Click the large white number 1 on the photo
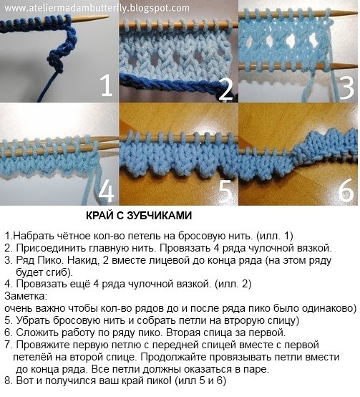(x=107, y=86)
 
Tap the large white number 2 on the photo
(x=225, y=89)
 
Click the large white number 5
(x=225, y=191)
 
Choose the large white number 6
(x=346, y=191)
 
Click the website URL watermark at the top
(x=97, y=8)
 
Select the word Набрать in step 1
(x=31, y=236)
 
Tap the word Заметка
(x=26, y=296)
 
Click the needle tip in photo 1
(x=107, y=18)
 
